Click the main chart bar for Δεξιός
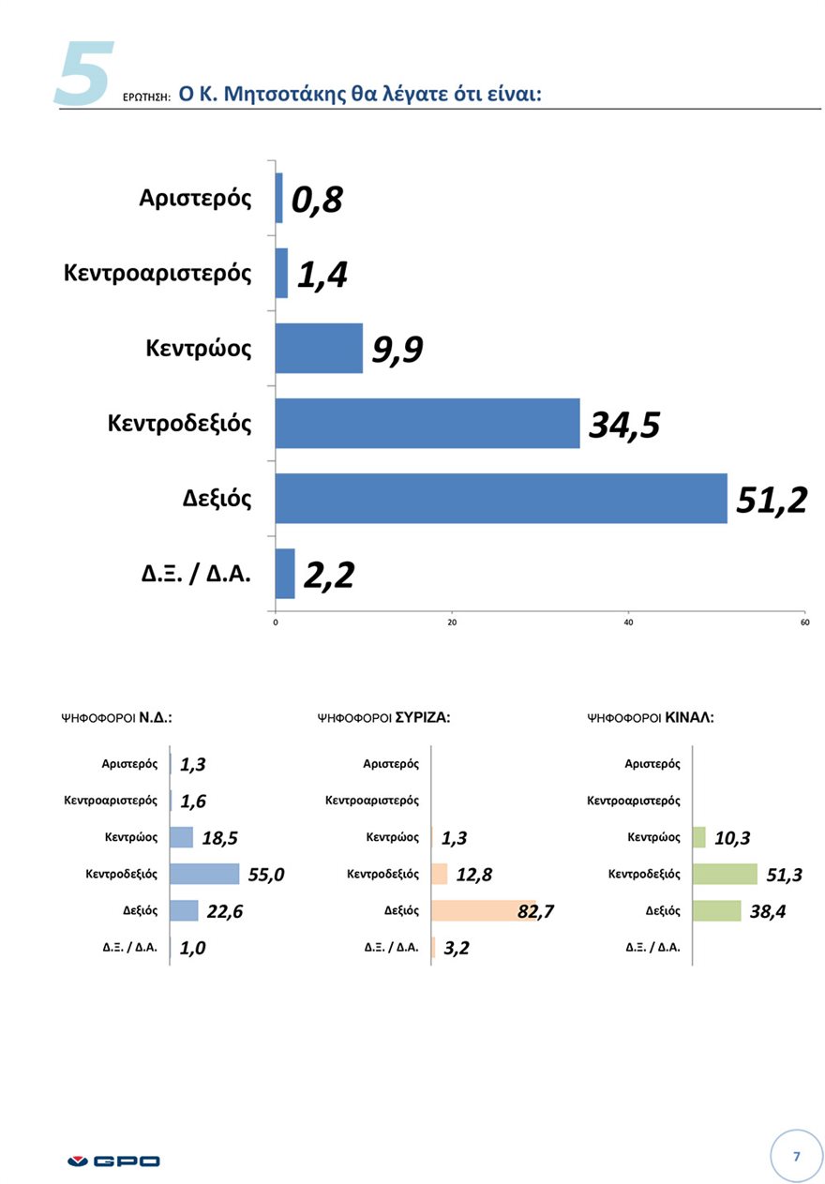tap(501, 498)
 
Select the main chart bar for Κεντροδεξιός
tap(427, 423)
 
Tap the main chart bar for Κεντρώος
tap(319, 348)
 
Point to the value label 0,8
tap(317, 200)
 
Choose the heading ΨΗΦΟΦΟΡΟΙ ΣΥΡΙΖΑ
tap(384, 718)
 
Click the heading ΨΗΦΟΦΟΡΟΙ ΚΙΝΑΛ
tap(650, 718)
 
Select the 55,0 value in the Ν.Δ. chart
tap(266, 875)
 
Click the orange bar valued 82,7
tap(484, 910)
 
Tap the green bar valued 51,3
tap(725, 874)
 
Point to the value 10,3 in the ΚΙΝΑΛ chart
tap(732, 838)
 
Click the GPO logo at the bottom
tap(114, 1161)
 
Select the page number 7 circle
tap(796, 1156)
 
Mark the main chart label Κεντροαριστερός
tap(157, 273)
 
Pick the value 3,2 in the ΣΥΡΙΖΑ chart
tap(457, 948)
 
